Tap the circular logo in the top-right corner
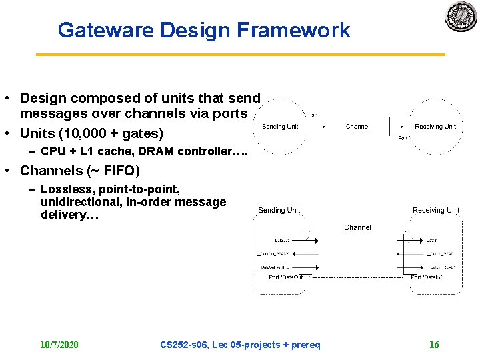(x=461, y=15)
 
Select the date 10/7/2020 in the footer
(x=59, y=345)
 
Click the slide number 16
(x=434, y=345)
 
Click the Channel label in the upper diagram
(x=358, y=126)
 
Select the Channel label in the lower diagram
(x=357, y=228)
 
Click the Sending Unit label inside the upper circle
(x=280, y=127)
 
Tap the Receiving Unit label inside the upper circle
(x=435, y=127)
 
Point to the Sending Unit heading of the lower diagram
(x=279, y=211)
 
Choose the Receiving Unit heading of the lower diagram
(x=436, y=211)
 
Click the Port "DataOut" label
(x=286, y=277)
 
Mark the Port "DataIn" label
(x=426, y=277)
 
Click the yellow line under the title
(x=240, y=54)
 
